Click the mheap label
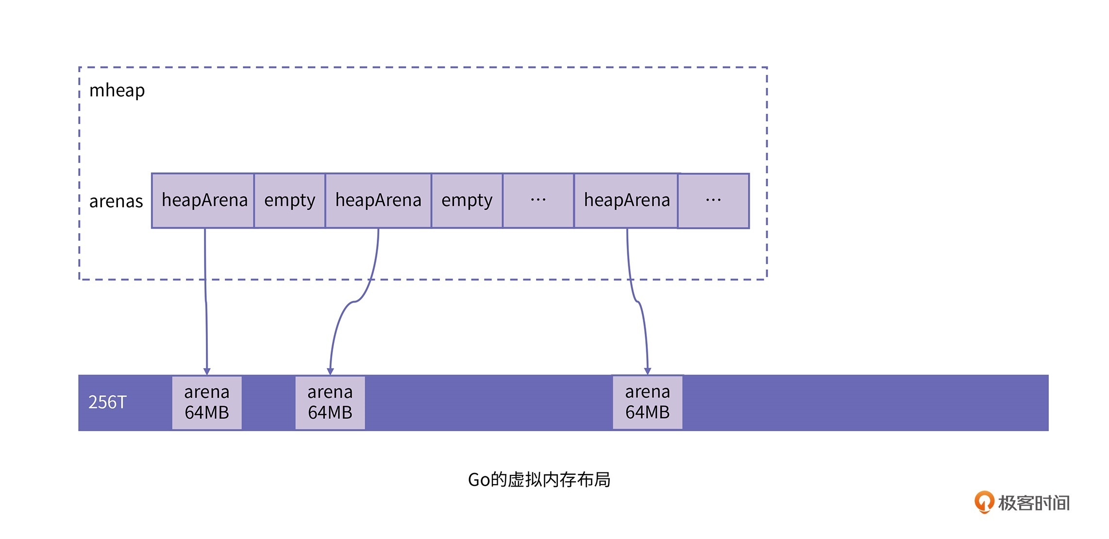click(117, 90)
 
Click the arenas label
click(116, 201)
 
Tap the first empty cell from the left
click(289, 201)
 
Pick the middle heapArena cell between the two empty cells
click(378, 201)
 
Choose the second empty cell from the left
click(467, 201)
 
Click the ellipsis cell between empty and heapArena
click(538, 201)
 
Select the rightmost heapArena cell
click(626, 201)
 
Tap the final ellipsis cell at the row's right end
click(713, 201)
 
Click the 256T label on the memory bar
click(107, 402)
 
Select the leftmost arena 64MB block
click(207, 403)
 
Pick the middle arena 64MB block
click(330, 403)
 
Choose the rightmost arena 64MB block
click(648, 402)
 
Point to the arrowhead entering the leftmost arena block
click(207, 371)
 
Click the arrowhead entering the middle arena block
click(330, 371)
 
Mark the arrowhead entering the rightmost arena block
click(647, 371)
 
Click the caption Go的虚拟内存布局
click(539, 480)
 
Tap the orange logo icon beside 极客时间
click(984, 502)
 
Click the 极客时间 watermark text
click(1034, 503)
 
